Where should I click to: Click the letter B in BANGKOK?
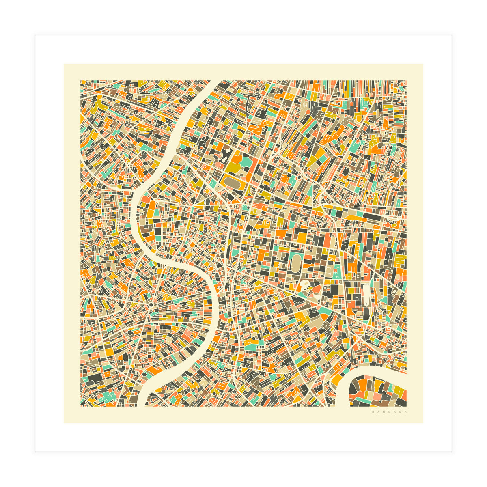click(x=373, y=412)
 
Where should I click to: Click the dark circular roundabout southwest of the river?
click(x=151, y=304)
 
